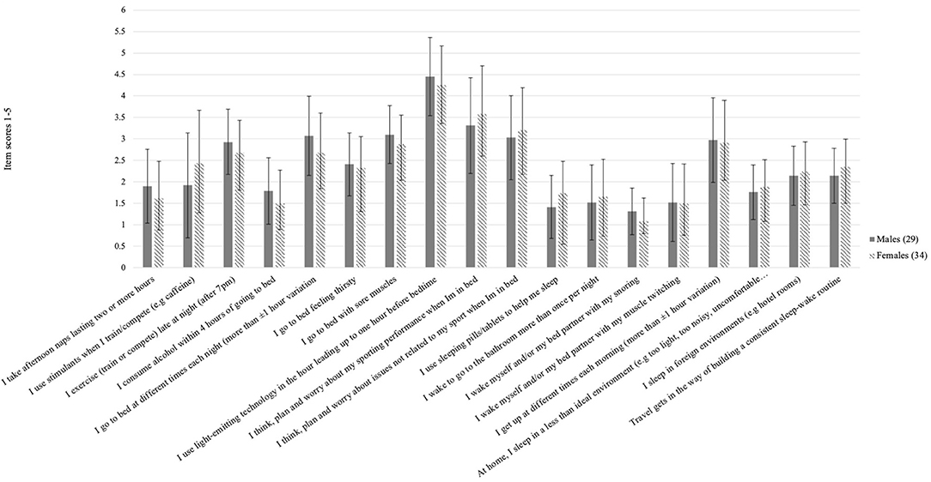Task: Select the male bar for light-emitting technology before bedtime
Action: coord(429,172)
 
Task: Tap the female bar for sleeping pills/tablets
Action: coord(563,230)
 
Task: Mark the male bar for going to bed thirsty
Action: coord(349,215)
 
